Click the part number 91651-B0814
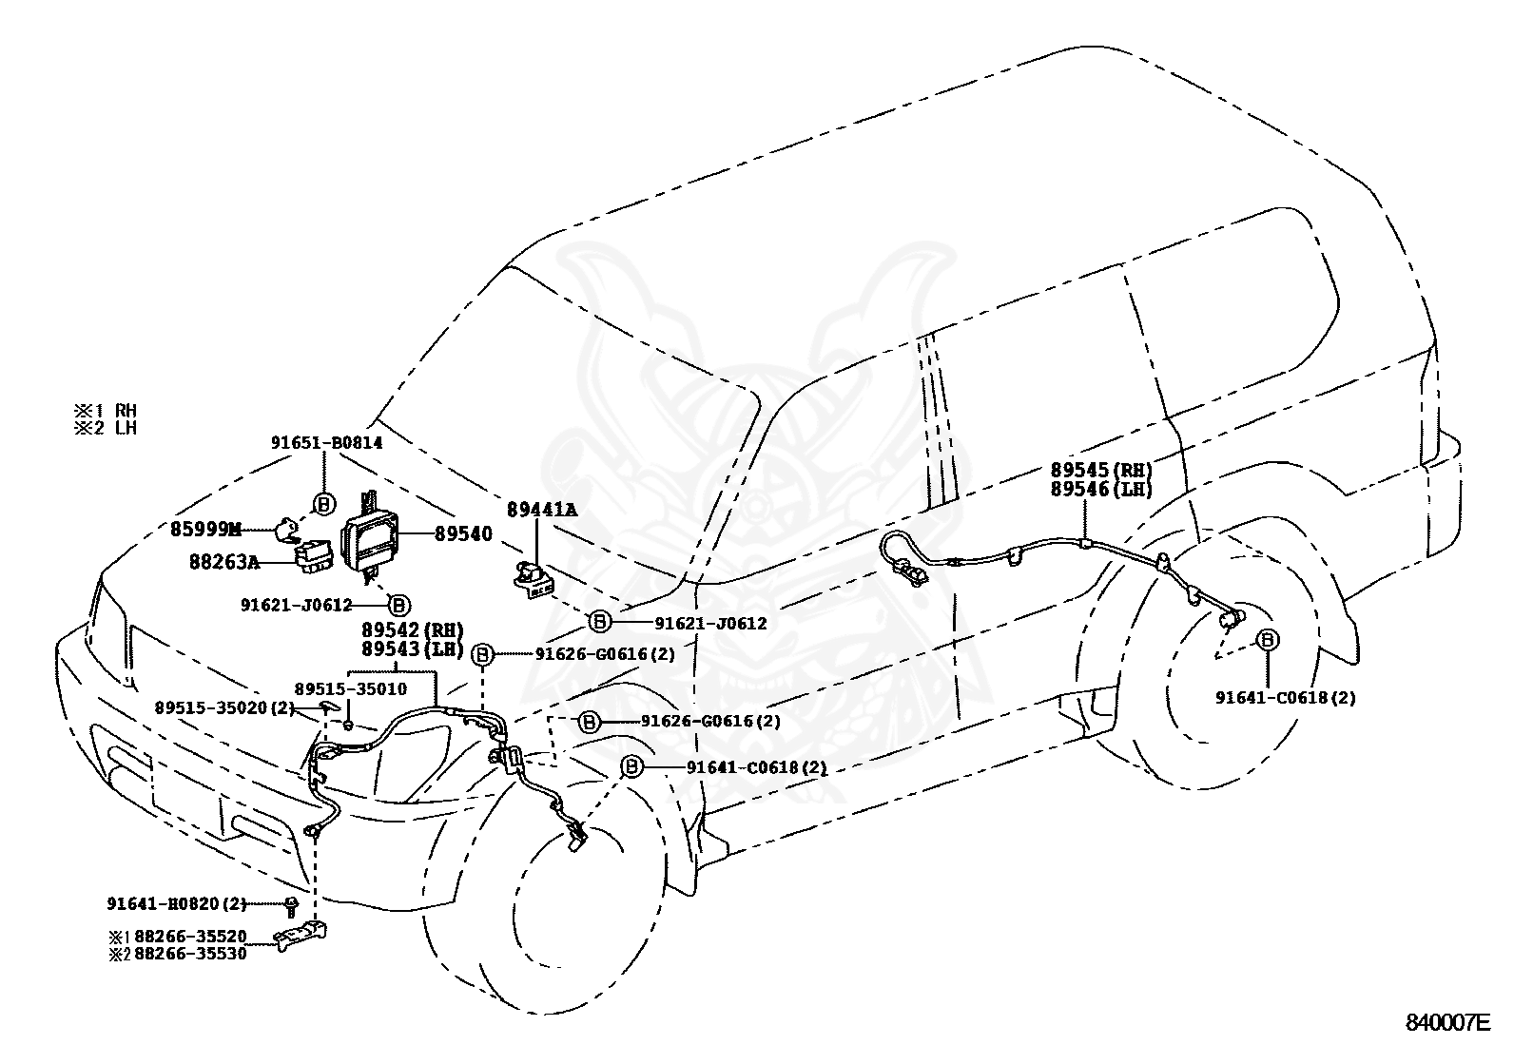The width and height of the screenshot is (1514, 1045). tap(326, 443)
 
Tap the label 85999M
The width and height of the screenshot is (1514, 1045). tap(205, 530)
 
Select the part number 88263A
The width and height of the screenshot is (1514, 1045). tap(224, 561)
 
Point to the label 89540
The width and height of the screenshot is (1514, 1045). tap(463, 533)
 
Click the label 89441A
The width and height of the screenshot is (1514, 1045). tap(542, 510)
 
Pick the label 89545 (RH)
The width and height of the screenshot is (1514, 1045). tap(1101, 470)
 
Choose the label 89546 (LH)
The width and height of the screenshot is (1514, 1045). tap(1101, 488)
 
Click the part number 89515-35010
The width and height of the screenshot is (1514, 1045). tap(350, 688)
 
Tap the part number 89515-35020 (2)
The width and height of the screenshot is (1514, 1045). tap(225, 707)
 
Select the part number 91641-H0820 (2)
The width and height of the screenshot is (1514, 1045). tap(176, 903)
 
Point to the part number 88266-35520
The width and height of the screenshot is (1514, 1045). tap(190, 937)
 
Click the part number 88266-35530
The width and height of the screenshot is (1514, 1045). tap(190, 954)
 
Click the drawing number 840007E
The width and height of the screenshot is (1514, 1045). tap(1447, 1023)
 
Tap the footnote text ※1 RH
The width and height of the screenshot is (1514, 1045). tap(106, 410)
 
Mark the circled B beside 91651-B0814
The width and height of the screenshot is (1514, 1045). tap(324, 504)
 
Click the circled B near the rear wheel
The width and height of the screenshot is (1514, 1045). tap(1268, 639)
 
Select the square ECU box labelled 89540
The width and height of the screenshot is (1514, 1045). tap(370, 535)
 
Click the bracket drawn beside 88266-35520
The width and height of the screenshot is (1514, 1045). tap(301, 934)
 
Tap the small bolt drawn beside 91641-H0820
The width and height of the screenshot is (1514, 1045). tap(291, 906)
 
